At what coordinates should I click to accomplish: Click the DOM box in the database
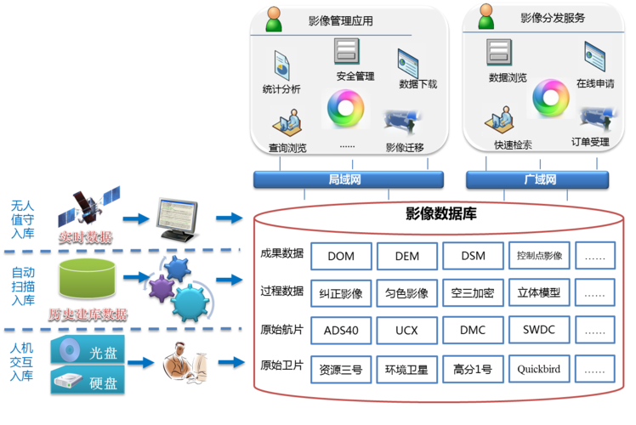341,256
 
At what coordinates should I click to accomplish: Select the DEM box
406,256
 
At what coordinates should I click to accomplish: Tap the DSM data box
473,256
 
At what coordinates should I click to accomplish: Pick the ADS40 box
341,329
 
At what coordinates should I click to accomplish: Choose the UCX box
406,329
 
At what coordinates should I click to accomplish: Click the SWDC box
539,329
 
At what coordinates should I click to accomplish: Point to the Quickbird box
539,369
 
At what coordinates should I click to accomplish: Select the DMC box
473,329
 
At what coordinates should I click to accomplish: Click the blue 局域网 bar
345,179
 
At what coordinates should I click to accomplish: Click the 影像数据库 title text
440,214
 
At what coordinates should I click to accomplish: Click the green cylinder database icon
87,278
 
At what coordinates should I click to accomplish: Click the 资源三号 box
341,369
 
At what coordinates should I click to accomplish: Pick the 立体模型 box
539,292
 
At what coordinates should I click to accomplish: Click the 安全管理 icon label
355,76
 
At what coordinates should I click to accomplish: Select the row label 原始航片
281,329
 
